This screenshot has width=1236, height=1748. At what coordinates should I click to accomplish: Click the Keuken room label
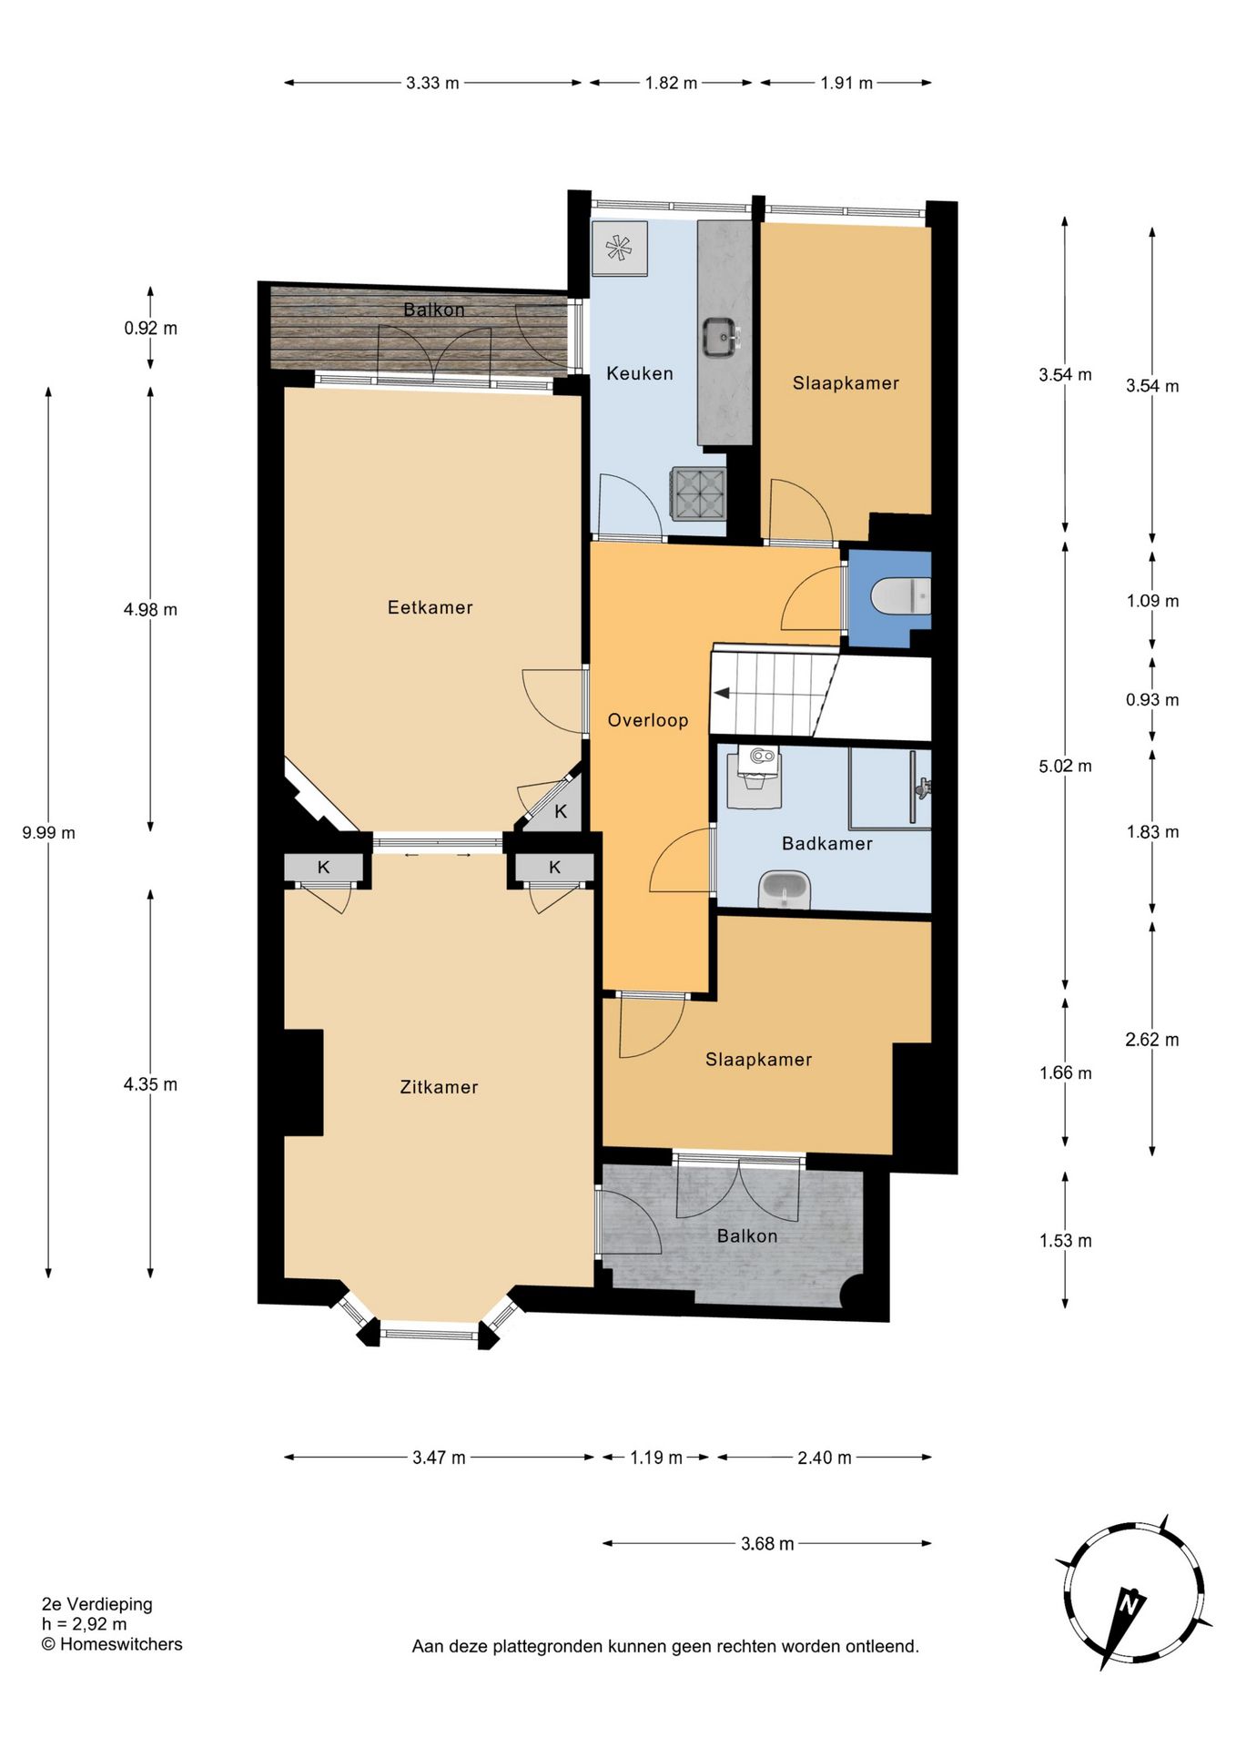(640, 373)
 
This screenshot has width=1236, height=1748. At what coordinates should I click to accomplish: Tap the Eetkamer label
(430, 607)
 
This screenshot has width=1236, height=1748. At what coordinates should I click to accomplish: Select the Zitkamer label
(439, 1087)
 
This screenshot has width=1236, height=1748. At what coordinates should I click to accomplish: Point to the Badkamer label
(827, 844)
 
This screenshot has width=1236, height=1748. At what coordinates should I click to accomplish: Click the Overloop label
(648, 720)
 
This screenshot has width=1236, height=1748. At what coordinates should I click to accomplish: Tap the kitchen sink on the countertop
(722, 337)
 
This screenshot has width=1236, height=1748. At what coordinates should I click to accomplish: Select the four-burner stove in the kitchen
(699, 493)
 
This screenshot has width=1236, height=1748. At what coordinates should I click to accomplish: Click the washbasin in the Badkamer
(785, 889)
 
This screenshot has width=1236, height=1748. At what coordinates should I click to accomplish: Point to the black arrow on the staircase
(722, 694)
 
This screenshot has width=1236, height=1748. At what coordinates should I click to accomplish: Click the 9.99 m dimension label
(49, 832)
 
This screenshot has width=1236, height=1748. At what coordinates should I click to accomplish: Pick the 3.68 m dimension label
(767, 1543)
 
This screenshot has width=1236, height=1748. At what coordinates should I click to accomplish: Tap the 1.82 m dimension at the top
(671, 83)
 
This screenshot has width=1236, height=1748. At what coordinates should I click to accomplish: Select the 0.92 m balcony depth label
(151, 328)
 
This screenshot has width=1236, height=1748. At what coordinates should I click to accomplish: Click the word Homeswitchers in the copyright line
(121, 1644)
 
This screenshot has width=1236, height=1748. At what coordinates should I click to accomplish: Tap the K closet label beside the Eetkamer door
(561, 811)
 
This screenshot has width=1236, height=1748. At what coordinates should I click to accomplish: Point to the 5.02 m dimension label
(1065, 766)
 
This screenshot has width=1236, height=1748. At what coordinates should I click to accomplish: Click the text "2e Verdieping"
(97, 1604)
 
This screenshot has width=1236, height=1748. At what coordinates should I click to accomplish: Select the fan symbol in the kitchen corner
(619, 248)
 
